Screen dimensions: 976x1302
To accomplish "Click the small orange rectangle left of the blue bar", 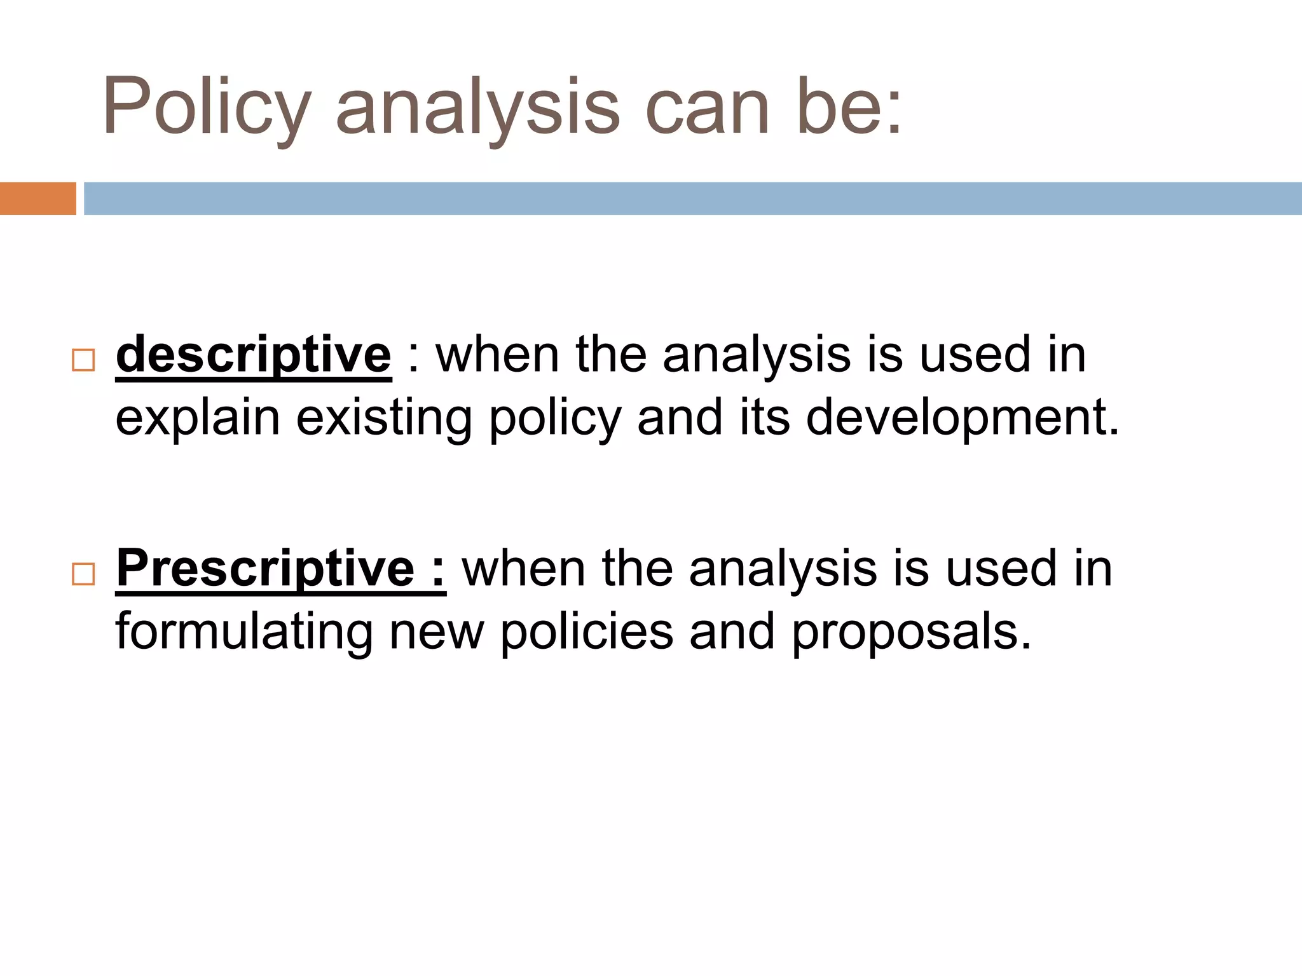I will pyautogui.click(x=38, y=198).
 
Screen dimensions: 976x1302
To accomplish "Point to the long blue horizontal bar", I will pyautogui.click(x=693, y=198).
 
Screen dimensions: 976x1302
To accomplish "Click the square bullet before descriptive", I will pyautogui.click(x=83, y=360).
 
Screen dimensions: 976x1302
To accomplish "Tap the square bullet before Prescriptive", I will pyautogui.click(x=83, y=574).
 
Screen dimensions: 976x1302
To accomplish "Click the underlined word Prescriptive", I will pyautogui.click(x=266, y=568).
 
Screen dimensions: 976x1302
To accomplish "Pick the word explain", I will pyautogui.click(x=198, y=418).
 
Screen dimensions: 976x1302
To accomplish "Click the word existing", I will pyautogui.click(x=384, y=418).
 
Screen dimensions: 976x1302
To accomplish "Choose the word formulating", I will pyautogui.click(x=243, y=632).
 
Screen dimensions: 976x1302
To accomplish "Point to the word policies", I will pyautogui.click(x=587, y=632).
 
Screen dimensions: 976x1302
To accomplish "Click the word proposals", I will pyautogui.click(x=910, y=632).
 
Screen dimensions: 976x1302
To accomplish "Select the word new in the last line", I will pyautogui.click(x=437, y=633).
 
